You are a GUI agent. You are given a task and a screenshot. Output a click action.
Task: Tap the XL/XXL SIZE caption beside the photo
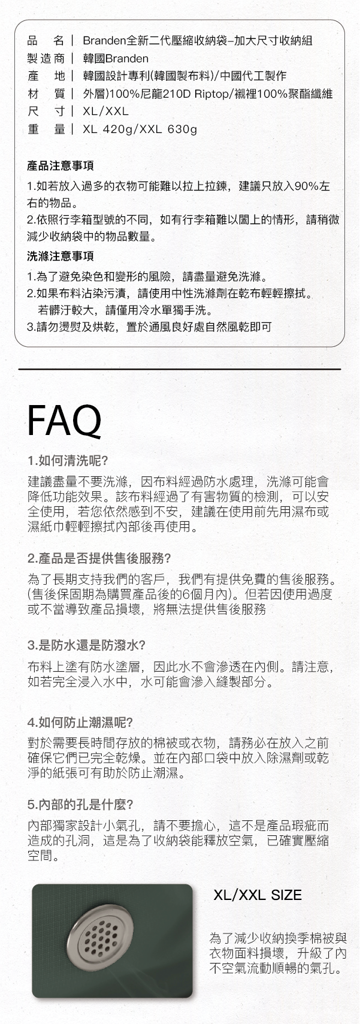(x=258, y=896)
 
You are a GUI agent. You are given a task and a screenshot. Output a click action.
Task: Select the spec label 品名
(x=46, y=41)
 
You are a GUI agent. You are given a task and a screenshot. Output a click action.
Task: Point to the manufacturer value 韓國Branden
(x=116, y=58)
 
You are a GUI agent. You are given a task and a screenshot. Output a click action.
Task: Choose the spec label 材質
(x=46, y=93)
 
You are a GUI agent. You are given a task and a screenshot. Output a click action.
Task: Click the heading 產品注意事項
(x=60, y=165)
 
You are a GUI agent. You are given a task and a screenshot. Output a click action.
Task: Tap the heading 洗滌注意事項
(x=60, y=256)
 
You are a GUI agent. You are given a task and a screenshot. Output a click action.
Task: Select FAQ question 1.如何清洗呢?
(x=68, y=461)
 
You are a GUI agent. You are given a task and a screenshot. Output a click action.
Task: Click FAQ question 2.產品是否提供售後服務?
(x=99, y=558)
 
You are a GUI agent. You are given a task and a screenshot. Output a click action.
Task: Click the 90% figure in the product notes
(x=303, y=186)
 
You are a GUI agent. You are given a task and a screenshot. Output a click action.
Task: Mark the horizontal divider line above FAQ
(x=180, y=369)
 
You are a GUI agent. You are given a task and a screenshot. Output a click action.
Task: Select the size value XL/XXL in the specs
(x=106, y=111)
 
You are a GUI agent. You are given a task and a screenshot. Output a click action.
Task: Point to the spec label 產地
(x=46, y=76)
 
